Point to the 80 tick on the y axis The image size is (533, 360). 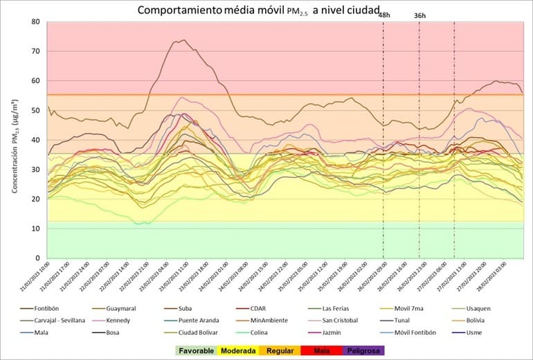35,21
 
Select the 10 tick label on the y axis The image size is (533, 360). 35,228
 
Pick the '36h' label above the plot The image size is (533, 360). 420,15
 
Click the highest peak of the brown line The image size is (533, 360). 182,40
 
